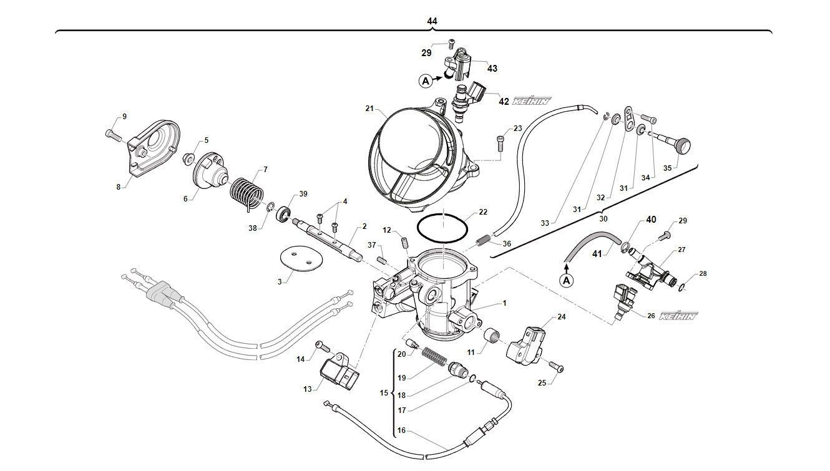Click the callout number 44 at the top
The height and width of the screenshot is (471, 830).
pos(432,21)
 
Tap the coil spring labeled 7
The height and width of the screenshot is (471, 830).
pos(247,193)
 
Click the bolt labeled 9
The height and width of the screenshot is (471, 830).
pos(113,135)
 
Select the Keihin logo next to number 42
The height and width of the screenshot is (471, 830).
pos(532,100)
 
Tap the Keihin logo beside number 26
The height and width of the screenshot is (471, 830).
pos(678,316)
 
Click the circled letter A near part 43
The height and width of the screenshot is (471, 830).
pos(426,80)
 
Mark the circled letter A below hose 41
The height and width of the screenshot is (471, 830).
pos(566,281)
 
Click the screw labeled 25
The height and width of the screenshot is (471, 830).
pos(556,367)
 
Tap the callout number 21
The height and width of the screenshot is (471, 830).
pos(369,109)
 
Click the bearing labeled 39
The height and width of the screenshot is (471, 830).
pos(283,215)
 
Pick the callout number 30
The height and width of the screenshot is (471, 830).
pos(603,219)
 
